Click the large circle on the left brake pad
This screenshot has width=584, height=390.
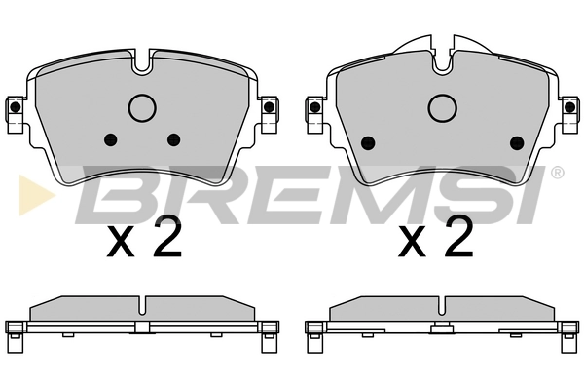pyautogui.click(x=143, y=106)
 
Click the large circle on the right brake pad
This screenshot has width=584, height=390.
pyautogui.click(x=442, y=106)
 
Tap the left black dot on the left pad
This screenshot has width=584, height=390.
pyautogui.click(x=109, y=137)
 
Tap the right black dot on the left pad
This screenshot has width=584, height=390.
pyautogui.click(x=174, y=137)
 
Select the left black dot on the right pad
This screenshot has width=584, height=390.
pyautogui.click(x=368, y=142)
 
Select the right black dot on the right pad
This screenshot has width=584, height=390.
pyautogui.click(x=517, y=142)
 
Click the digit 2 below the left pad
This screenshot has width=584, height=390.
pyautogui.click(x=167, y=238)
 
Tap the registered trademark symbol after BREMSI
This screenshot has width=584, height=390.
pyautogui.click(x=557, y=174)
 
